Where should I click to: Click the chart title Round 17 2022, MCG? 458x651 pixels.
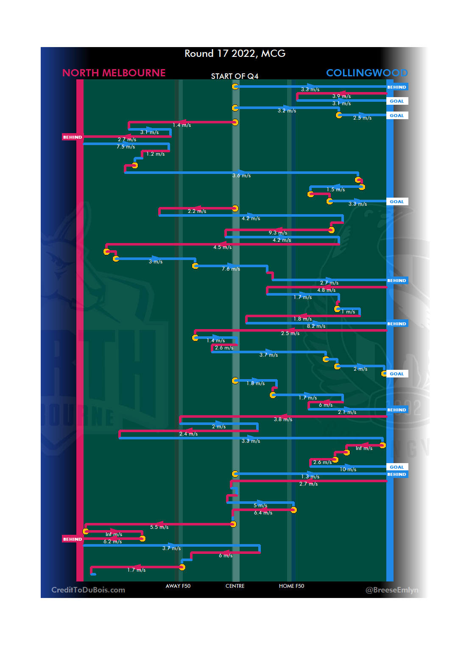point(235,53)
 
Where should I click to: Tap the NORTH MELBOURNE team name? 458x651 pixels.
point(114,73)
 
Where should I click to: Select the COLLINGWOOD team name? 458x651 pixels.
point(367,73)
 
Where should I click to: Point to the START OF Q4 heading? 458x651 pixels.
point(235,76)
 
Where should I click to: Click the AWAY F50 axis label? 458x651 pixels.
point(178,586)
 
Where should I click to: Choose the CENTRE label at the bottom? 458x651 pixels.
point(235,586)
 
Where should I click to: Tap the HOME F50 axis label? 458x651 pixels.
point(291,586)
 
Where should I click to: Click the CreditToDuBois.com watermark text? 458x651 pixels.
point(88,590)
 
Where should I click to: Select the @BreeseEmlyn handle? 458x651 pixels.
point(392,590)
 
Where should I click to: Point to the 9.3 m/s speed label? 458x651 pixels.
point(278,233)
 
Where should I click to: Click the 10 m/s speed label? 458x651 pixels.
point(348,469)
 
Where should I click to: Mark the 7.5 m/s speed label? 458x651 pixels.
point(126,147)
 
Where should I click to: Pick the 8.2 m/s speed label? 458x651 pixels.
point(316,326)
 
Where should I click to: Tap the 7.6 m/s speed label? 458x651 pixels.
point(231,269)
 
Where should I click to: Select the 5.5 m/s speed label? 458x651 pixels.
point(159,527)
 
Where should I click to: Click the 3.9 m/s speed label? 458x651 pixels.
point(341,96)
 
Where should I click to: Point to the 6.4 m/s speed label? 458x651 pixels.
point(263,513)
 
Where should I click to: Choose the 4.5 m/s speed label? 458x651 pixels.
point(222,247)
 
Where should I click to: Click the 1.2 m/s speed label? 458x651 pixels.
point(155,154)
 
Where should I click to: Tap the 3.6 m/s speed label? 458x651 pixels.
point(241,176)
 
